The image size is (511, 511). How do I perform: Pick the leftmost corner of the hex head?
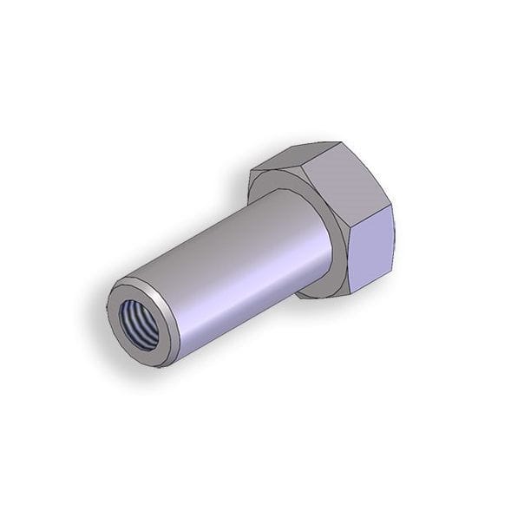pos(249,178)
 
